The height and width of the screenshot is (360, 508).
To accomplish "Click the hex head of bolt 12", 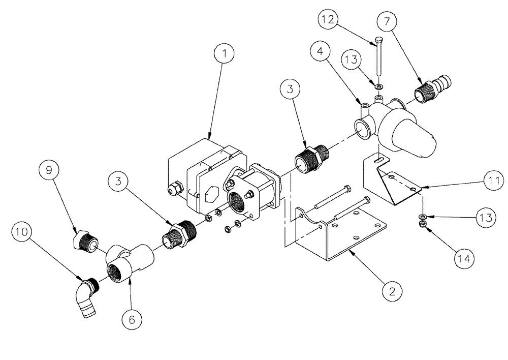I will click(x=378, y=40).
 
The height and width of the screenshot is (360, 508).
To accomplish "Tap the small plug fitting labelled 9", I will click(x=85, y=242).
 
